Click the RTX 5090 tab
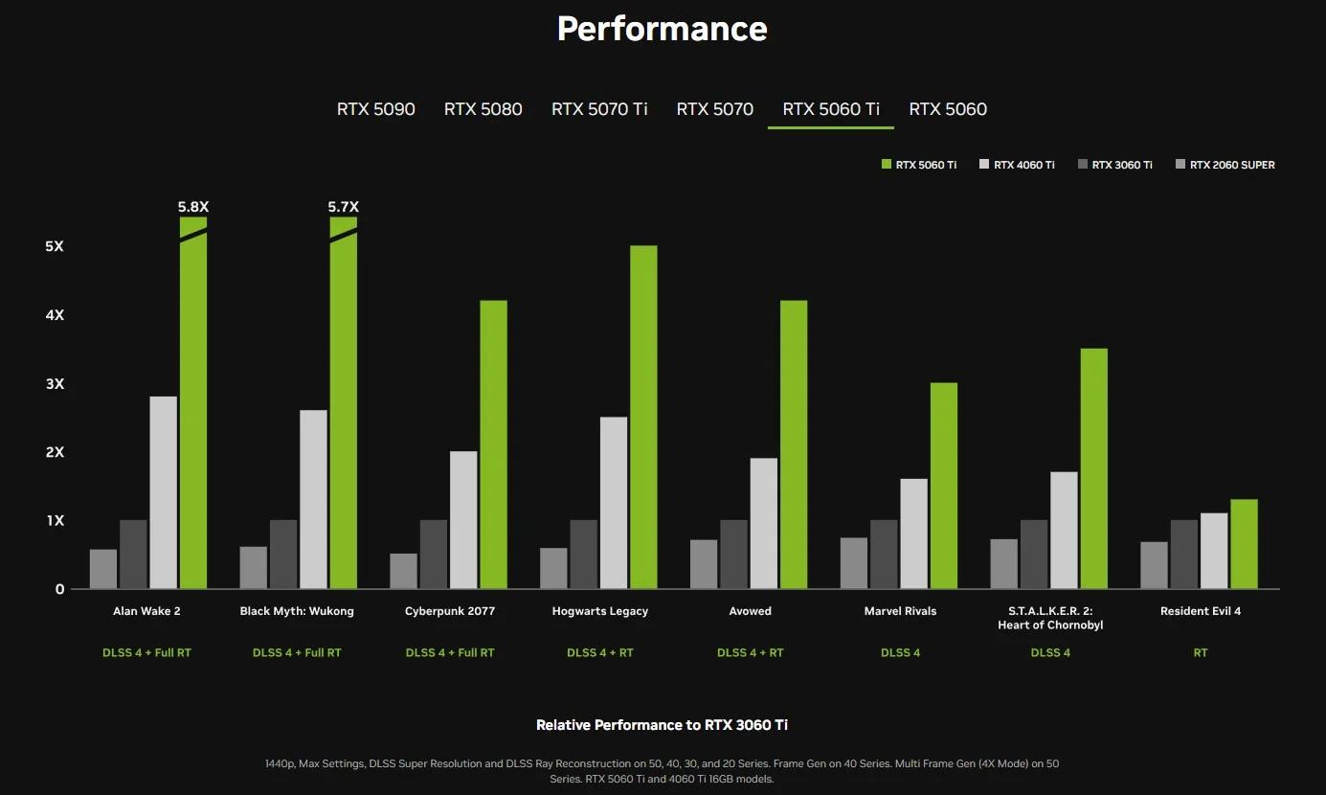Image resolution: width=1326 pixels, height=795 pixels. [x=375, y=109]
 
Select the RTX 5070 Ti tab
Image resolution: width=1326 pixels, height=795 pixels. [x=599, y=109]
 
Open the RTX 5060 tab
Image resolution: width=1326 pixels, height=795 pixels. [x=947, y=109]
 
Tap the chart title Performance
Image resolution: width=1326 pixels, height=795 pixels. [x=663, y=29]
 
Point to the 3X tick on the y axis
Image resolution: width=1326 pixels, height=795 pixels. [x=54, y=384]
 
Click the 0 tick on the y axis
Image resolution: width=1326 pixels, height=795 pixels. [x=59, y=589]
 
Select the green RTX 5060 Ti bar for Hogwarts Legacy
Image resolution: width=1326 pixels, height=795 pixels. [x=643, y=417]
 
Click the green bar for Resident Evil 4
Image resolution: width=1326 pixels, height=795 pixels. [x=1244, y=544]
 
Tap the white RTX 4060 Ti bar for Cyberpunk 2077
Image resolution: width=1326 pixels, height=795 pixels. [x=463, y=520]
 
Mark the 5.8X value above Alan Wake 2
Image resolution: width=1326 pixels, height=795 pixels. [x=193, y=206]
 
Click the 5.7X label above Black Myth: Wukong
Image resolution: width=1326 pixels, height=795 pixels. [x=343, y=206]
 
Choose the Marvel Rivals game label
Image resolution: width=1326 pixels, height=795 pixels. [x=900, y=611]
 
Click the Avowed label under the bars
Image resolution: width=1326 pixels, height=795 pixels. [x=750, y=611]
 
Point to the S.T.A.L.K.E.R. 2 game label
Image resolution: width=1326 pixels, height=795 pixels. [x=1050, y=618]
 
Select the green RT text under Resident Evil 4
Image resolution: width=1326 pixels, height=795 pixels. [x=1200, y=652]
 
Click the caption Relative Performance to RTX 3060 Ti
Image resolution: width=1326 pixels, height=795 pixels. [x=662, y=725]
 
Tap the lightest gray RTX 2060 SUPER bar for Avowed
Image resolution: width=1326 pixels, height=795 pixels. [x=704, y=564]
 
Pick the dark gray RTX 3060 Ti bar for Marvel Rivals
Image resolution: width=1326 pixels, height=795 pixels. [x=884, y=555]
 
